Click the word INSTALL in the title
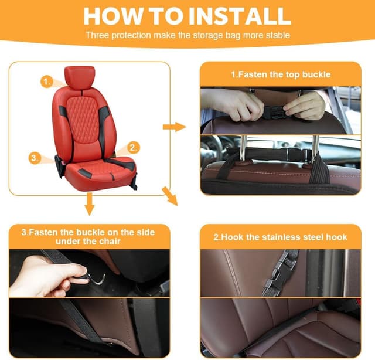(240, 16)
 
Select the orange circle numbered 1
(46, 81)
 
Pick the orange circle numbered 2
(134, 147)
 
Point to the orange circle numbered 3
(35, 158)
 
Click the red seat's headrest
(80, 77)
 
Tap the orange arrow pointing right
(174, 127)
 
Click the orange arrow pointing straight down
(90, 203)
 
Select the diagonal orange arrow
(170, 196)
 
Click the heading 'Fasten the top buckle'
(281, 74)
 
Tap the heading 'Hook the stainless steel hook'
(280, 237)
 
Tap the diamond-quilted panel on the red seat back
(83, 119)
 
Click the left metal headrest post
(242, 149)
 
